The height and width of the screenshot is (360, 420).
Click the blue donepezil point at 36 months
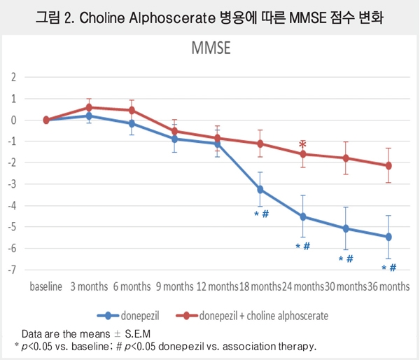pos(388,237)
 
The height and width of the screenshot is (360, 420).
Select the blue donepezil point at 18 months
pos(260,189)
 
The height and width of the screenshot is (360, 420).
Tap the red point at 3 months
pos(89,107)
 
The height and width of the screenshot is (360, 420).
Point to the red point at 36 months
pos(388,165)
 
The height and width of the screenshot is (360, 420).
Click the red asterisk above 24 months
pos(302,145)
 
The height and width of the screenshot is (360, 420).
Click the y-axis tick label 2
pos(12,77)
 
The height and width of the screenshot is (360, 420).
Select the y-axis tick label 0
pos(12,120)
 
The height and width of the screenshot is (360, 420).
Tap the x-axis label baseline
pos(46,287)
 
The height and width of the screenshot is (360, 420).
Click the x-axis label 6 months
pos(131,287)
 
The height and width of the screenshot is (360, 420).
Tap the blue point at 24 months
pos(302,216)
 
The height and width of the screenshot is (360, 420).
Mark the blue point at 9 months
pos(174,139)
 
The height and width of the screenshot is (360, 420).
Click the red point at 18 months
pos(260,144)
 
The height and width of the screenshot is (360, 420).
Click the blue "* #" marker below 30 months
pos(346,259)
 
